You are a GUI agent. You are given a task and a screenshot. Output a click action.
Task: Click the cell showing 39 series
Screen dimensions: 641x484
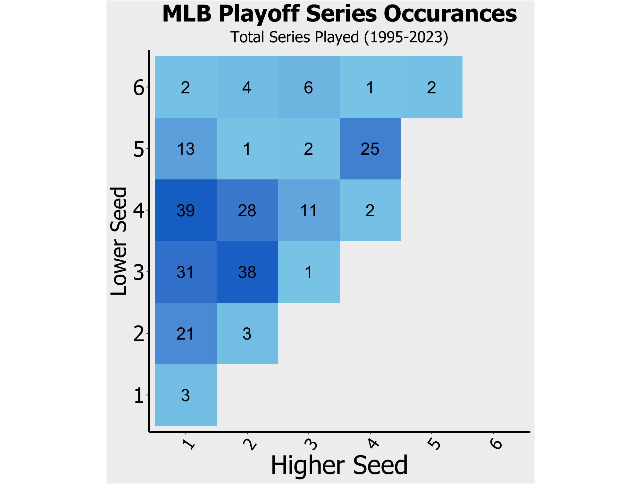tap(186, 210)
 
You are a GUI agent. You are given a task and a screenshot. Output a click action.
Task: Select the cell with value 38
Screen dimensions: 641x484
tap(247, 272)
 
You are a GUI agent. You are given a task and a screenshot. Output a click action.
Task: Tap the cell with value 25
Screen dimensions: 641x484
tap(370, 149)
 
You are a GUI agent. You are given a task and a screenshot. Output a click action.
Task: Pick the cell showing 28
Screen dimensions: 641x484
tap(247, 210)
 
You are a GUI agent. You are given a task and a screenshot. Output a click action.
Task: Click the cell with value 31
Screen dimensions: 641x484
tap(186, 272)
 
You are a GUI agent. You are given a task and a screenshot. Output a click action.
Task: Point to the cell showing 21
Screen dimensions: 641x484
tap(186, 333)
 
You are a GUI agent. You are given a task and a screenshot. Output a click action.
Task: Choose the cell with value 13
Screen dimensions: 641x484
tap(186, 149)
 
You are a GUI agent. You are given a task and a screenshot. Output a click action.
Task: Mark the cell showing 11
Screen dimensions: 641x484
tap(309, 210)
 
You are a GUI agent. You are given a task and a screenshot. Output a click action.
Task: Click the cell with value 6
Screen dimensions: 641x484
tap(309, 87)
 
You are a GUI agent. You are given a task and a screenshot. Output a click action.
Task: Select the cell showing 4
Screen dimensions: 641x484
tap(247, 87)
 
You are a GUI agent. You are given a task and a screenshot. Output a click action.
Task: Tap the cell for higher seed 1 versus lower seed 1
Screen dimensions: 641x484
tap(186, 395)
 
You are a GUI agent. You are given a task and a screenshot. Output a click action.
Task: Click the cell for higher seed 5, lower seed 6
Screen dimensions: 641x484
tap(432, 87)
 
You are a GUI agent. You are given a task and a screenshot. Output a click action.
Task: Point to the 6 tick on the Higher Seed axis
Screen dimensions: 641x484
tap(496, 444)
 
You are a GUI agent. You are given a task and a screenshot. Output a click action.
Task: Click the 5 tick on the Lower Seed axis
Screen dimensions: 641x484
tap(139, 149)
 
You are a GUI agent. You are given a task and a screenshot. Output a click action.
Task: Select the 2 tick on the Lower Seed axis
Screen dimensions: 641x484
tap(139, 334)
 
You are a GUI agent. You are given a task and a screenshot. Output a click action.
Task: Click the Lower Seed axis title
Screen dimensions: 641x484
tap(119, 241)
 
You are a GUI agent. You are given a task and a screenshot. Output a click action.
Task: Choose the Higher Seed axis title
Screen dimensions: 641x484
tap(339, 465)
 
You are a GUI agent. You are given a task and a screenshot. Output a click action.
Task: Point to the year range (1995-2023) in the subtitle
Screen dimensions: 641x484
tap(406, 37)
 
